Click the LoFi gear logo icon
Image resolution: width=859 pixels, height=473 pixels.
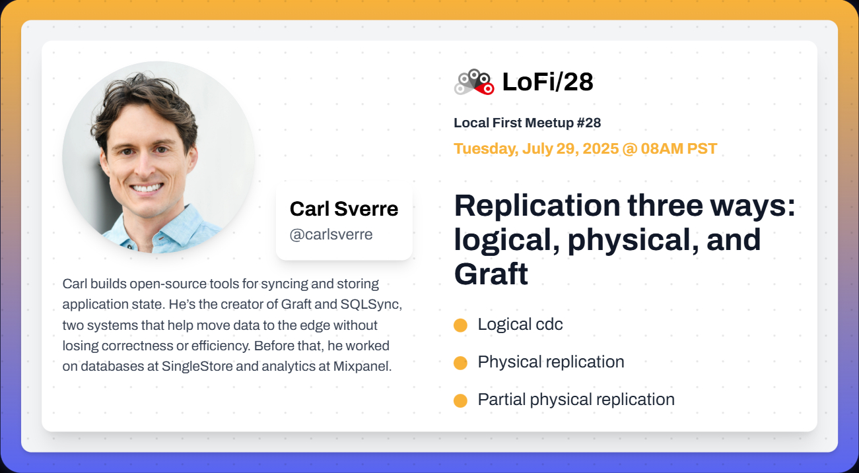(474, 82)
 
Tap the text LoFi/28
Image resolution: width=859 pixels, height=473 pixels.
(547, 82)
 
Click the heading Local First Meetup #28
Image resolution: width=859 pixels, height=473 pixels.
(528, 123)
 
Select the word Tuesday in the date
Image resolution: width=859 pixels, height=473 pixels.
(486, 149)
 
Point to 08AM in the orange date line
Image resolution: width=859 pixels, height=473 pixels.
(662, 148)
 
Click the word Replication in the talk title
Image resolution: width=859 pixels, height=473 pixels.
(537, 206)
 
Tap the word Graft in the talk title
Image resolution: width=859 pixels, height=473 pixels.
(491, 274)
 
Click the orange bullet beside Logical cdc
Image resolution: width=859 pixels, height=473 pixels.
(460, 325)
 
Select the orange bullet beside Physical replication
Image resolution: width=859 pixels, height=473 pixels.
(460, 363)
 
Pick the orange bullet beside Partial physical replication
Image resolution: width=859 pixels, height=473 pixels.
(460, 400)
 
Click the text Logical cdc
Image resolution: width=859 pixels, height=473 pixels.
(520, 325)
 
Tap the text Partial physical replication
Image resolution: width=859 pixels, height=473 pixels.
(576, 400)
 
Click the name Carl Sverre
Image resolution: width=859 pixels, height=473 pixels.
(344, 209)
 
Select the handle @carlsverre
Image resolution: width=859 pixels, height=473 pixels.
(331, 235)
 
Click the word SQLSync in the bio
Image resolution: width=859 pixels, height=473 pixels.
(371, 304)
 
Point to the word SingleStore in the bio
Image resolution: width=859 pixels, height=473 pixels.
(197, 366)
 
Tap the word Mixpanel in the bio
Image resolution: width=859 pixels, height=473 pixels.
(362, 366)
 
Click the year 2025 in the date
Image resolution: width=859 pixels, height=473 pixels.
(601, 148)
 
